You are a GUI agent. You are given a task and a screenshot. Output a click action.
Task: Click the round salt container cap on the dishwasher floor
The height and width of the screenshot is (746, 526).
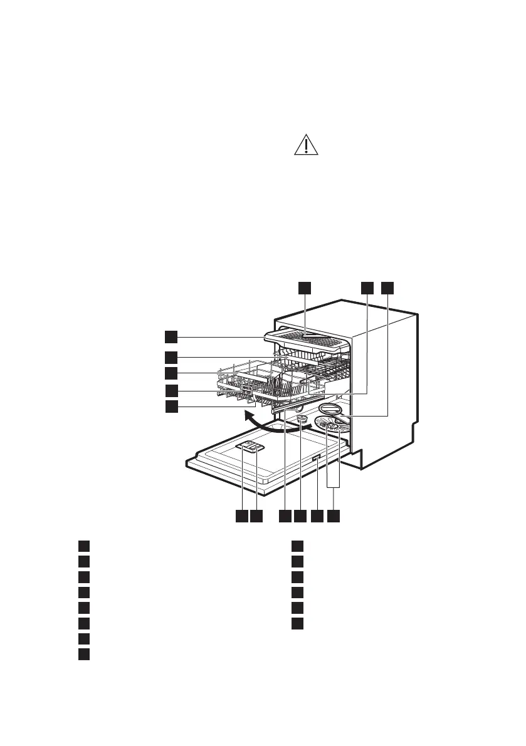[x=302, y=419]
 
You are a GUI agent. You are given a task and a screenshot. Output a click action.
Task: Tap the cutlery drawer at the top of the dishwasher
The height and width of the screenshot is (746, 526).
[x=307, y=338]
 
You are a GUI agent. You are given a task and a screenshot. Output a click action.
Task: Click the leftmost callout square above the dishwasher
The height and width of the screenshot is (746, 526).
[x=304, y=287]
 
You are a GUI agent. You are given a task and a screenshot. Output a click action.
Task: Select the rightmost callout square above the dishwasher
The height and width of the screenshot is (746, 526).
[x=388, y=287]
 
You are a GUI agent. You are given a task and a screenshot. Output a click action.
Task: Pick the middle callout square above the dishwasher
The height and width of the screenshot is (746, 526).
[x=367, y=287]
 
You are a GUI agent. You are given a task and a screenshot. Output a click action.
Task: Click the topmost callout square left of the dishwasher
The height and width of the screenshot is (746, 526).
[x=171, y=336]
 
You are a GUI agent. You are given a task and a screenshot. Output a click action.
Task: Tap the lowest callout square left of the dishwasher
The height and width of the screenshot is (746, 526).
[x=171, y=407]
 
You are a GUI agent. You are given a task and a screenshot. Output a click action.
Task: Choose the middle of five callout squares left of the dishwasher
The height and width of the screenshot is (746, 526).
[x=171, y=373]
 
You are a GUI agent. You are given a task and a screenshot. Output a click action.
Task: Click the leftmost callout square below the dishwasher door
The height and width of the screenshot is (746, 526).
[x=241, y=516]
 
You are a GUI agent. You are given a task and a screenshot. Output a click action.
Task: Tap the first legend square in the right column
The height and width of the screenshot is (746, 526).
[x=298, y=544]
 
